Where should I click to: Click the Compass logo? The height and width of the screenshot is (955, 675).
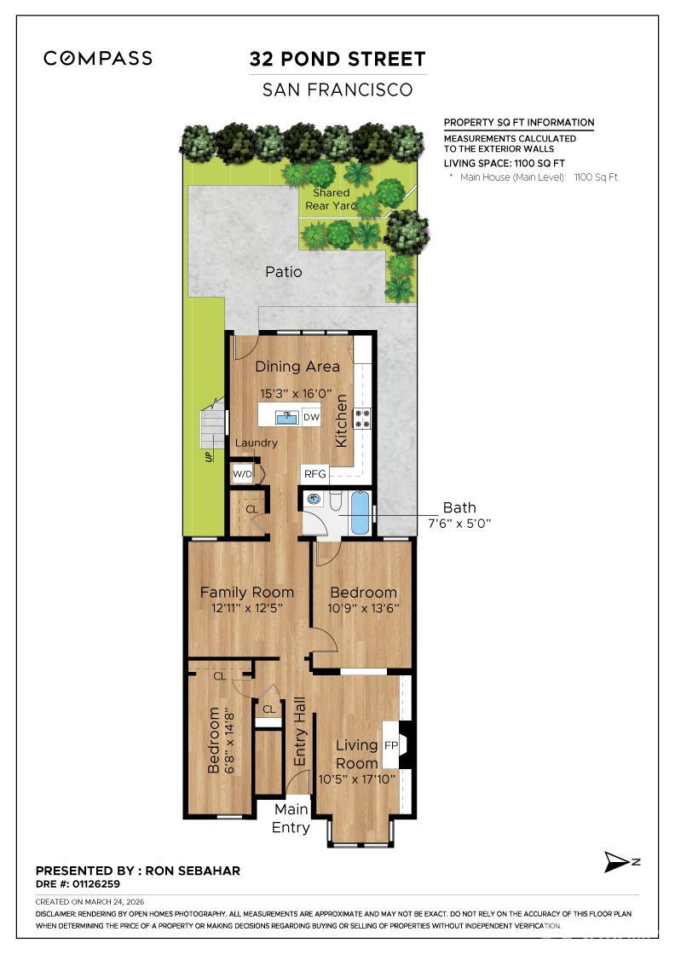(98, 59)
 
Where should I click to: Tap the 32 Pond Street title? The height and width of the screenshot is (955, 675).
(337, 59)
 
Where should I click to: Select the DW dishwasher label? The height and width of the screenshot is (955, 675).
(311, 417)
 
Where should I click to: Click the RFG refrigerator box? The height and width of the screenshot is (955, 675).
(315, 473)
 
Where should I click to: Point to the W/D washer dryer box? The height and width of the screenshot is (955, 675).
(242, 474)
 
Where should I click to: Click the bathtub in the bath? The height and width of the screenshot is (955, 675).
(361, 512)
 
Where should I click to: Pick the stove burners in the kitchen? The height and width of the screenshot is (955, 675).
(363, 418)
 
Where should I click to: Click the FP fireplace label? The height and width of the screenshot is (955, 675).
(390, 745)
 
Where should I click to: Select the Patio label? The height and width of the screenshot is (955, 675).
(284, 272)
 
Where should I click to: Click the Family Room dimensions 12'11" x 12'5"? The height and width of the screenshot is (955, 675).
(247, 608)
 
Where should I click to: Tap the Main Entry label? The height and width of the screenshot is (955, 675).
(291, 818)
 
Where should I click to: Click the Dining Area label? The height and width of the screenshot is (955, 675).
(297, 367)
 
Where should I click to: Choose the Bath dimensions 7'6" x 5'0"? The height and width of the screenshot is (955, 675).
(459, 524)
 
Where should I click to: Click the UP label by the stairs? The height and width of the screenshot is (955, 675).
(209, 456)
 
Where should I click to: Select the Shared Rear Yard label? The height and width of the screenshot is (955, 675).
(331, 200)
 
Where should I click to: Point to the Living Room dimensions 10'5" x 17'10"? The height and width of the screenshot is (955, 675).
(356, 779)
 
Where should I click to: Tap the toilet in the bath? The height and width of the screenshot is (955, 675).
(336, 501)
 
